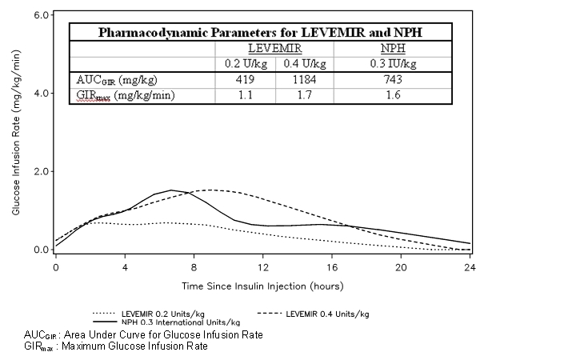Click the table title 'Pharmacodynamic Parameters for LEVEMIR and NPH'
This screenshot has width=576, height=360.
(260, 33)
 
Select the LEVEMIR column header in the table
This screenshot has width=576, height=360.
(276, 48)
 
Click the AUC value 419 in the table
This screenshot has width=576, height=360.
(245, 79)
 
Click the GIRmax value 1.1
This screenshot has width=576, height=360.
(245, 95)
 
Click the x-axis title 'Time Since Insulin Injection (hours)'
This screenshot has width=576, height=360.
(262, 285)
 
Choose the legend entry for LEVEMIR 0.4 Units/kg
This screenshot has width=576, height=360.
(327, 314)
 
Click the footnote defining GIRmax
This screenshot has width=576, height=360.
(116, 346)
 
